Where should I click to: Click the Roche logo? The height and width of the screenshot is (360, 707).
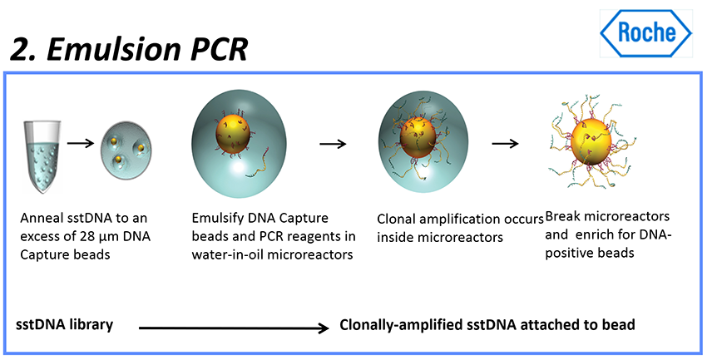[646, 32]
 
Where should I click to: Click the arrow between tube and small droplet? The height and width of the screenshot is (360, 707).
[80, 142]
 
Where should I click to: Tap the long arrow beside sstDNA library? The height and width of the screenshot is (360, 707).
[234, 329]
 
